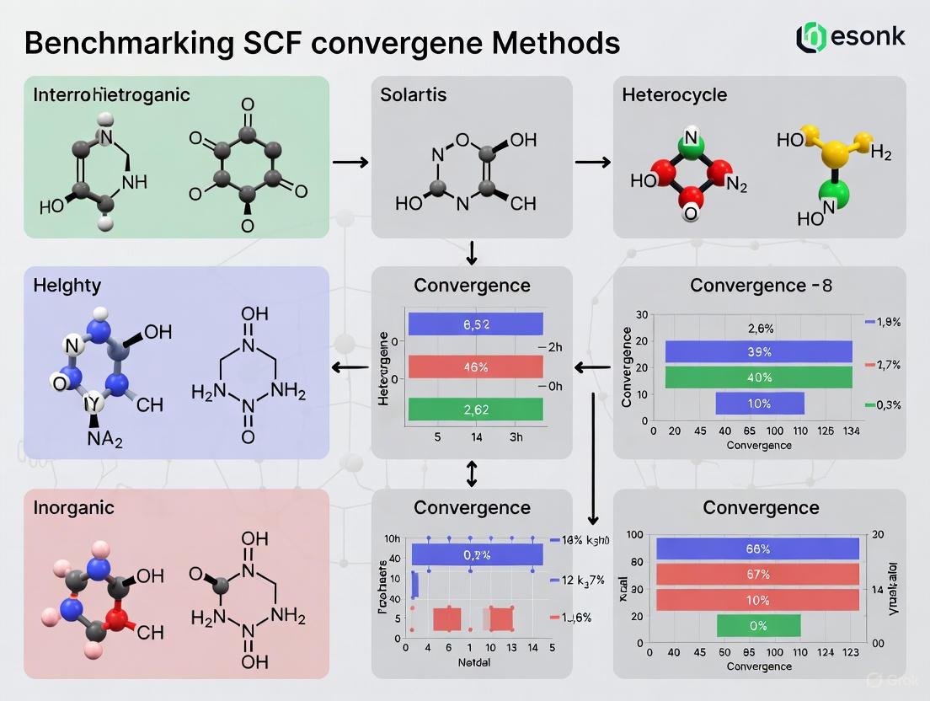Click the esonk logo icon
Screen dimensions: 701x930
[x=811, y=36]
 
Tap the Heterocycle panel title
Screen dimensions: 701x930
[x=674, y=94]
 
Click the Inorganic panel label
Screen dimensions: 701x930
[x=74, y=508]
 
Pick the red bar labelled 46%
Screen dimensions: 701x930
[x=475, y=367]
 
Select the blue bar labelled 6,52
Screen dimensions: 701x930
[x=475, y=324]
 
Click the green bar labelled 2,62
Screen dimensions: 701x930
[x=475, y=410]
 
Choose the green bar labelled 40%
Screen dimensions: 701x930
[x=758, y=377]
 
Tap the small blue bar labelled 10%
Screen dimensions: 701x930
[x=759, y=404]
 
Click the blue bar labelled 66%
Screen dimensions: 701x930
[x=756, y=548]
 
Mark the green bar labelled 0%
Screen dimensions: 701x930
[x=758, y=626]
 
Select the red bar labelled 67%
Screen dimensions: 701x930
[x=756, y=575]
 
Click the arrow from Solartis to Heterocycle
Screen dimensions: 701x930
[x=593, y=161]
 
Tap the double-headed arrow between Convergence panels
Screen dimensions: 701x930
[x=472, y=474]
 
